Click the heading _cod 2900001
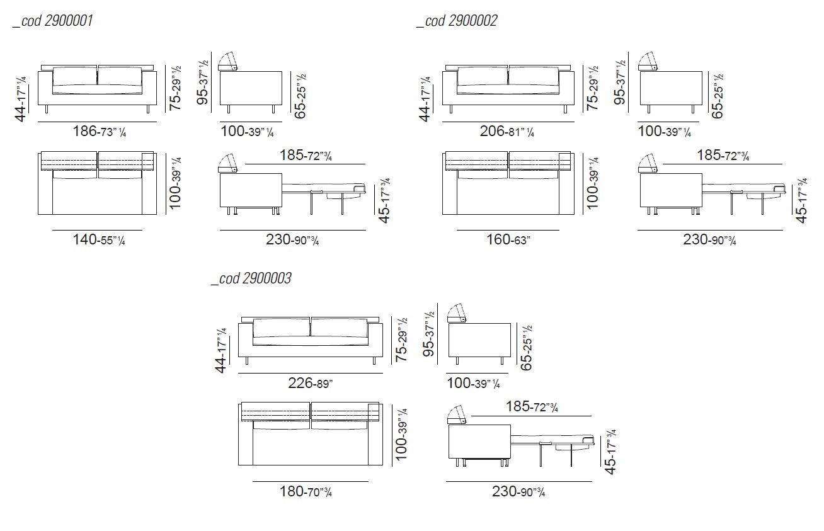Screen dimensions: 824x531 click(x=53, y=21)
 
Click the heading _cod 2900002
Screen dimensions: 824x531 click(x=457, y=21)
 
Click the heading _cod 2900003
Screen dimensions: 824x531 click(x=251, y=278)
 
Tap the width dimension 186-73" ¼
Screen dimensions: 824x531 click(x=100, y=131)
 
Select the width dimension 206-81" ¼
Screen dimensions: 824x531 click(x=507, y=131)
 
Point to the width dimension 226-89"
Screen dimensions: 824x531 click(x=311, y=383)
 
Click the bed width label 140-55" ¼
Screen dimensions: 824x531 click(x=99, y=239)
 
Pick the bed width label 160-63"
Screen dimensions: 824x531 click(x=508, y=239)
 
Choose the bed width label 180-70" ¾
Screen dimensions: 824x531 click(x=306, y=491)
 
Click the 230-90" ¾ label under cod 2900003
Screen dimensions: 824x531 click(x=518, y=492)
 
